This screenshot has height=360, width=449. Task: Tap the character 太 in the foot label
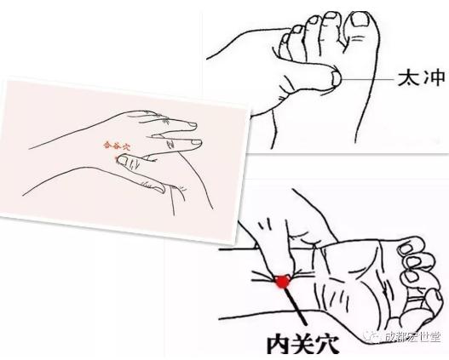pyautogui.click(x=406, y=79)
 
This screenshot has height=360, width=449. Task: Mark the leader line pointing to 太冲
pyautogui.click(x=367, y=79)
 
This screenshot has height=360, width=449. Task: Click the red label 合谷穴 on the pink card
pyautogui.click(x=114, y=146)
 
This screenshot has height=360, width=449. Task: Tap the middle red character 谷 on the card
pyautogui.click(x=114, y=146)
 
